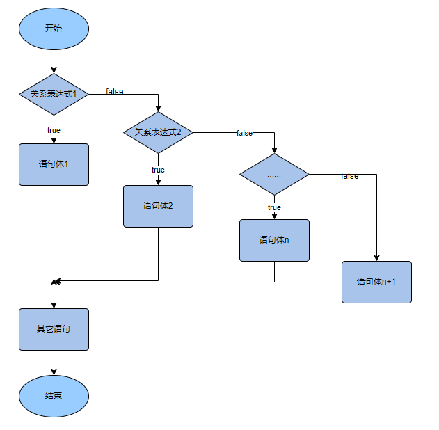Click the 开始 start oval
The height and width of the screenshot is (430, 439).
[x=54, y=29]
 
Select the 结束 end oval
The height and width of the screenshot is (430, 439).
[x=54, y=395]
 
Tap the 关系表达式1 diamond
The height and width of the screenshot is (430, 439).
[x=54, y=94]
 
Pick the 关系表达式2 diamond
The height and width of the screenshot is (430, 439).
[x=158, y=132]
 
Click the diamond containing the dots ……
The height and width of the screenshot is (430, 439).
[x=274, y=174]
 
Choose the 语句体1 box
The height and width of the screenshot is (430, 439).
[x=54, y=164]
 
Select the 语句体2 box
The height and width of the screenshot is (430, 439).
[x=158, y=206]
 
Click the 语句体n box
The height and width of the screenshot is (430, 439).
[x=274, y=240]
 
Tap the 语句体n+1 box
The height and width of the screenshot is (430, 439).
[x=376, y=282]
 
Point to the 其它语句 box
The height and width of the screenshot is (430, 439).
[x=54, y=328]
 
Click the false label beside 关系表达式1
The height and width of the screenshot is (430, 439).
[x=115, y=91]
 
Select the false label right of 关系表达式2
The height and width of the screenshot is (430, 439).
[x=244, y=133]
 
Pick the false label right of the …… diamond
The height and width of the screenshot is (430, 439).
[x=349, y=176]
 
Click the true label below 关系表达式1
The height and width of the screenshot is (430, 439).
[x=54, y=130]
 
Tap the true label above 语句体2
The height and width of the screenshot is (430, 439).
[x=158, y=170]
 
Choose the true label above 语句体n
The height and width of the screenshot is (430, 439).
[x=274, y=207]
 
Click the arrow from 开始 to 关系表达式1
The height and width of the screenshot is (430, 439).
[x=54, y=61]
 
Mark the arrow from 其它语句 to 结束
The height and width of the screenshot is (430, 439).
[x=54, y=362]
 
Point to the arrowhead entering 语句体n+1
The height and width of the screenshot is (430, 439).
[x=376, y=257]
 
